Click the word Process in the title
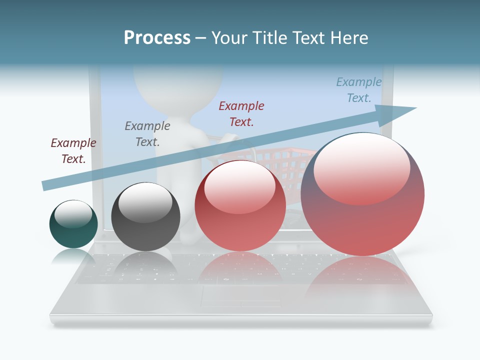click(x=157, y=38)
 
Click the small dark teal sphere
click(x=73, y=224)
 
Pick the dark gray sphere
click(x=145, y=216)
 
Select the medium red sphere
click(x=240, y=205)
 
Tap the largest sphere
click(x=362, y=194)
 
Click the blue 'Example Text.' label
click(x=358, y=90)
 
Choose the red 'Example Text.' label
click(x=241, y=114)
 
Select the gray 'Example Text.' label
click(x=147, y=134)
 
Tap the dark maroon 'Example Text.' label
click(x=73, y=151)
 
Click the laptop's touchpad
click(x=241, y=297)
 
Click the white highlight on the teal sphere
click(x=73, y=214)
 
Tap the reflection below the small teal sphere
click(x=73, y=257)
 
